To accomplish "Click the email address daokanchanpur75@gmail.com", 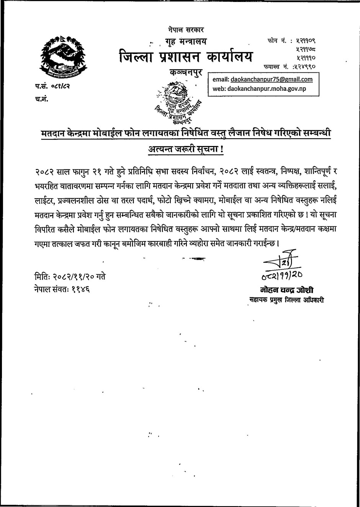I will (x=272, y=79).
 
